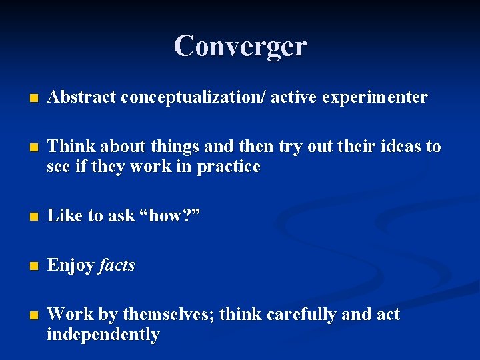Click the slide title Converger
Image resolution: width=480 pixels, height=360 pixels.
point(240,46)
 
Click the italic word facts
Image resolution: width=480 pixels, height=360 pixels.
point(117,265)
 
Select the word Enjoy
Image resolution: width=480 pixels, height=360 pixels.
point(71,265)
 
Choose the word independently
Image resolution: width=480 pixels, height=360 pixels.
point(103,334)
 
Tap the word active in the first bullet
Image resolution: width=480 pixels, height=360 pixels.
point(294,97)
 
